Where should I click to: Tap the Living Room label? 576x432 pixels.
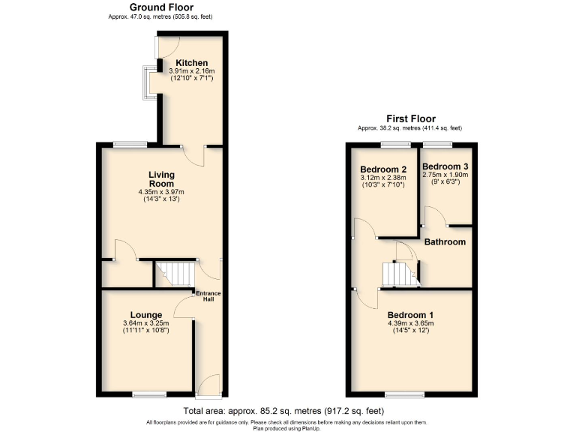coord(161,178)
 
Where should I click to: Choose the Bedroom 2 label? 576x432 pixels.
coord(382,169)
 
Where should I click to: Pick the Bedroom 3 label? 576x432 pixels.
coord(445,166)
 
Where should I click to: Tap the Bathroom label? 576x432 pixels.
coord(445,241)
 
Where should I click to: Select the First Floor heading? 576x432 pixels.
coord(410,118)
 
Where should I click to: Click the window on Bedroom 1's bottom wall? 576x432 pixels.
coord(403,394)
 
